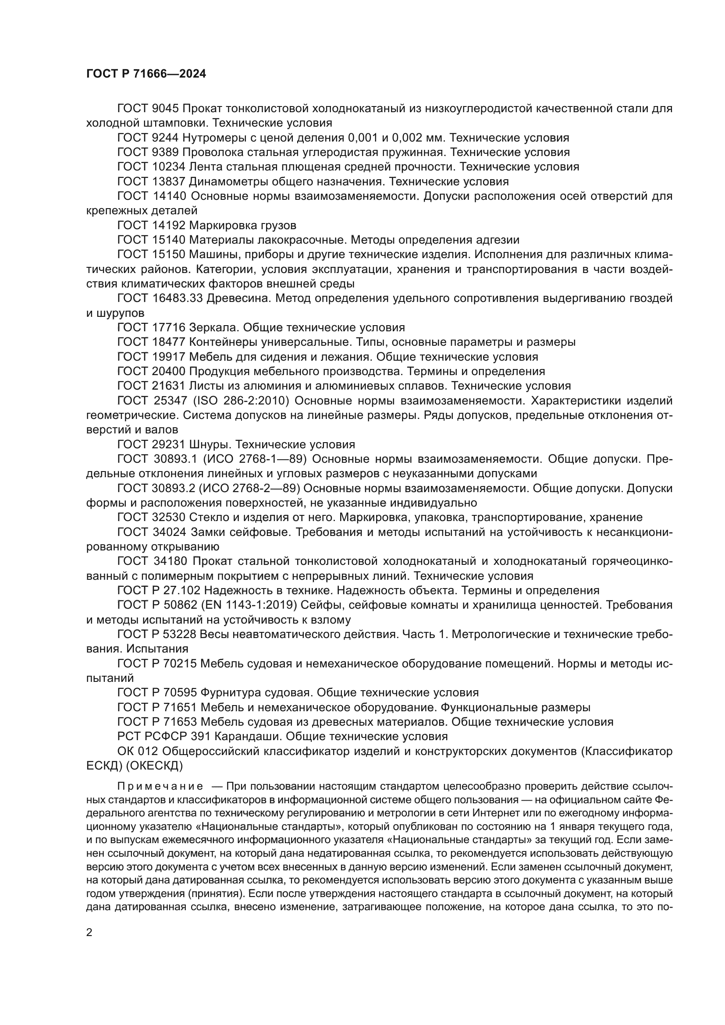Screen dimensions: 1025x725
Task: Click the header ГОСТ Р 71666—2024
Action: (x=146, y=74)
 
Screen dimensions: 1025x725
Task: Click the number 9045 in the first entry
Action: (x=165, y=109)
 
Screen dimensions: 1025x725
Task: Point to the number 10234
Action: (x=168, y=167)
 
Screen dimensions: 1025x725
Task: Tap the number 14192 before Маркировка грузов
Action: (x=168, y=225)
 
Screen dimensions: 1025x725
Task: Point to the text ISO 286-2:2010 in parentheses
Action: (x=242, y=401)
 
